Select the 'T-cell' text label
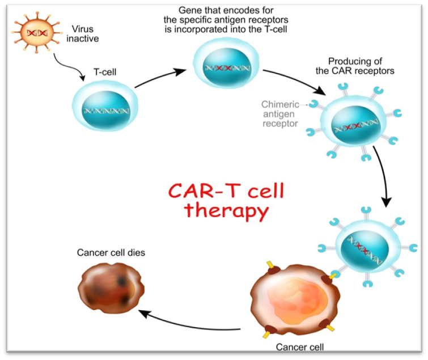[104, 73]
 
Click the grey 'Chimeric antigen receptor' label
[279, 113]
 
